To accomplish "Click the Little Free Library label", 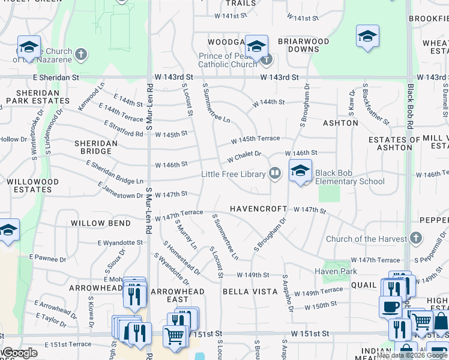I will (x=233, y=175).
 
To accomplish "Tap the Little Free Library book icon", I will (x=275, y=174).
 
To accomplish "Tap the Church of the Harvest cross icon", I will (x=415, y=239).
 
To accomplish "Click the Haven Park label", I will (x=336, y=271).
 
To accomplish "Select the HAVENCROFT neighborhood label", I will (x=258, y=209).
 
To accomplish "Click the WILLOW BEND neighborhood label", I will (x=100, y=223).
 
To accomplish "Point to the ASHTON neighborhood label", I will (x=340, y=123).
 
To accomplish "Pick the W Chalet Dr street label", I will (x=244, y=157).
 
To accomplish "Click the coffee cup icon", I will (x=390, y=307).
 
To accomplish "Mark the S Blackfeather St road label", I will (x=376, y=104).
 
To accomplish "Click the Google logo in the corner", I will (x=19, y=353).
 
